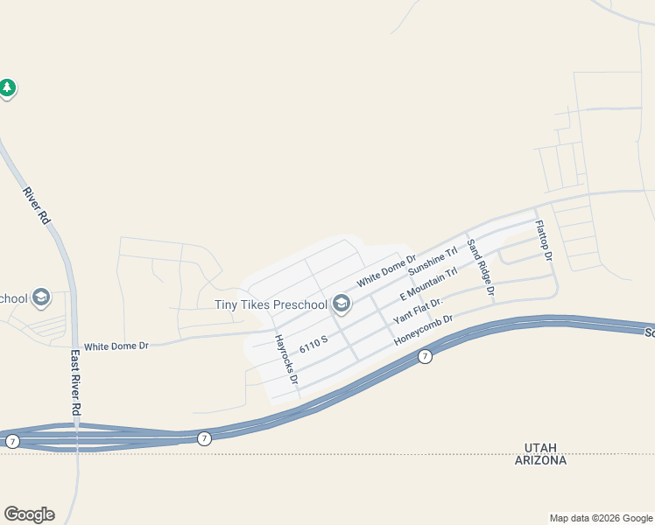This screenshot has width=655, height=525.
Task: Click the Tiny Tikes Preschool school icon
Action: (x=342, y=304)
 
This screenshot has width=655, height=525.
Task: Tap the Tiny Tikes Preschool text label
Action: (x=271, y=304)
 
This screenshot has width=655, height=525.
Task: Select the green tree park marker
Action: (x=7, y=88)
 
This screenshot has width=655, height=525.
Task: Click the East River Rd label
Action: (x=76, y=382)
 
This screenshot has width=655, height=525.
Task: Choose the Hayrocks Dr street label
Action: (x=286, y=360)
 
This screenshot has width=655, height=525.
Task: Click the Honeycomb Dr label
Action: (x=423, y=330)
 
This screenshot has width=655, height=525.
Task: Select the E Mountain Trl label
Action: (x=428, y=284)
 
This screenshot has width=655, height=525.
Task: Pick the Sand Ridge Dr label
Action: (x=481, y=267)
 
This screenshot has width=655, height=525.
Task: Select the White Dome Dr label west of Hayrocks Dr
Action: (x=116, y=346)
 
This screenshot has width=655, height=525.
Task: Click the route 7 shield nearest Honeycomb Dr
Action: (x=425, y=356)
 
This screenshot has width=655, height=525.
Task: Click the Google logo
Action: (x=29, y=514)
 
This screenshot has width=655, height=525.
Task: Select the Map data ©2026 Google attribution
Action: (x=602, y=518)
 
